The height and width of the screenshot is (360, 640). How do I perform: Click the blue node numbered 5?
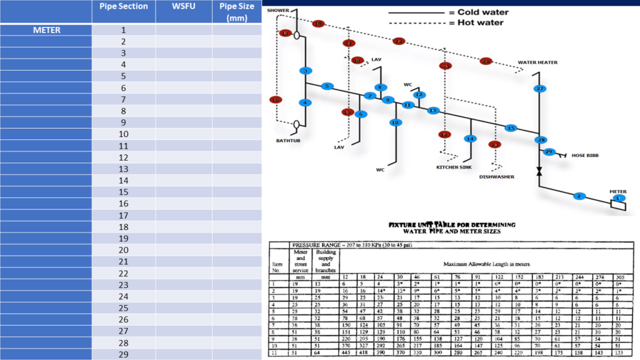tap(327, 86)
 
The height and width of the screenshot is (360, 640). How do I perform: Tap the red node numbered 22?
tap(399, 41)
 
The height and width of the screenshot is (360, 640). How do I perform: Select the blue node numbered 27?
tap(539, 89)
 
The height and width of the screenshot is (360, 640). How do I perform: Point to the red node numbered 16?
tap(276, 99)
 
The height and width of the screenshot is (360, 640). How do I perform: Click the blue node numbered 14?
tap(470, 139)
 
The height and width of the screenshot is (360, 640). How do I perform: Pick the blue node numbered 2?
tap(579, 196)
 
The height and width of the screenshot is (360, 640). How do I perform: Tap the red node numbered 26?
tap(487, 61)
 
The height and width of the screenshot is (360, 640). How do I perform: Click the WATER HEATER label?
tap(537, 62)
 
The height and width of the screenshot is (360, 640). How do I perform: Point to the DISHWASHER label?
tap(497, 177)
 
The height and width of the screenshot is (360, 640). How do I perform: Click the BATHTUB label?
tap(289, 141)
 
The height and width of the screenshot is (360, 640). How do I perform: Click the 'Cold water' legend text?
tap(482, 12)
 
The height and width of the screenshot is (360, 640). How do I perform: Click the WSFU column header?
tap(183, 6)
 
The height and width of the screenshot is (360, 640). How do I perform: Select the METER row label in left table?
tap(47, 30)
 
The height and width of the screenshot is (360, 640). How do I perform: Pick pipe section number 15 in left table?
tap(123, 192)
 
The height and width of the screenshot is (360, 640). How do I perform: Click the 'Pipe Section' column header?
tap(124, 6)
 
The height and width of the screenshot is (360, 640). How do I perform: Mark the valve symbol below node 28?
tap(539, 171)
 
